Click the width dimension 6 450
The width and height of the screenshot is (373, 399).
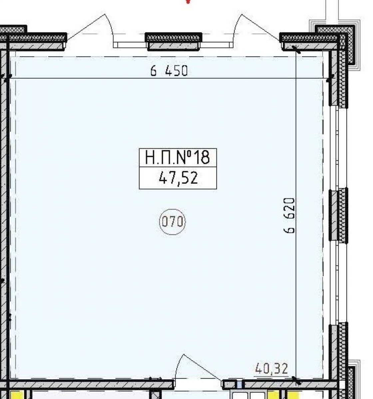click(169, 70)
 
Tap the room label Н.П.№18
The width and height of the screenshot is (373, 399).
click(177, 158)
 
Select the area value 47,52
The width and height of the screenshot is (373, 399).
click(178, 178)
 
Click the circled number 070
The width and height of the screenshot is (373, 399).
click(172, 222)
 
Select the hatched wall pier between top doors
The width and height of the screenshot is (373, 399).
click(173, 42)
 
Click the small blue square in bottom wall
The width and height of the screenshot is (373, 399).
click(239, 385)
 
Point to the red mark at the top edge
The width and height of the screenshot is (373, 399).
click(188, 2)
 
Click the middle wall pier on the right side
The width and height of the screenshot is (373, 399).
click(338, 215)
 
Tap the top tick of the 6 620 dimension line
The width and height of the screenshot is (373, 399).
click(296, 49)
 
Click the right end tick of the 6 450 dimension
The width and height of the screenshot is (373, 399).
click(330, 78)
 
